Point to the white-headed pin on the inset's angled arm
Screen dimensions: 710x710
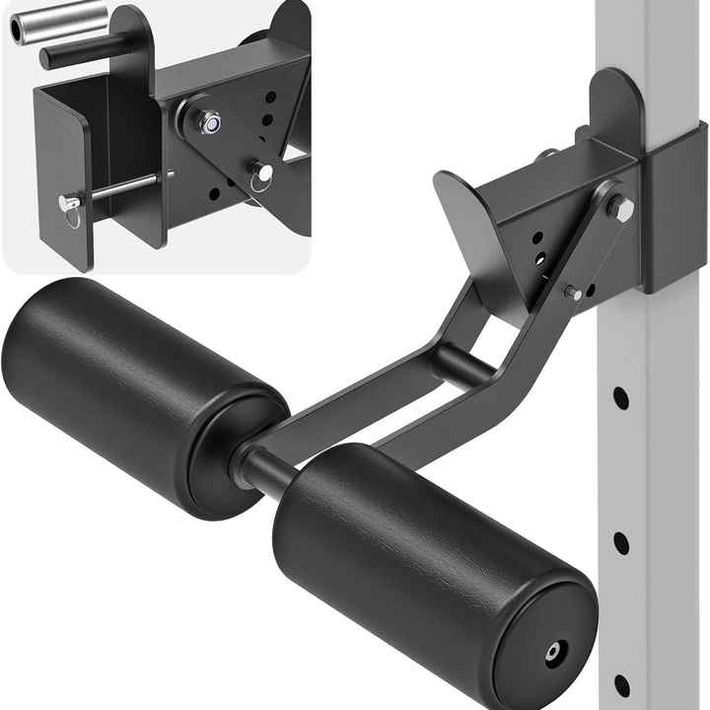(261, 173)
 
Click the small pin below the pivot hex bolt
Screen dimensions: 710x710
(573, 293)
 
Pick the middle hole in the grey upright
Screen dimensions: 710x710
(621, 542)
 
